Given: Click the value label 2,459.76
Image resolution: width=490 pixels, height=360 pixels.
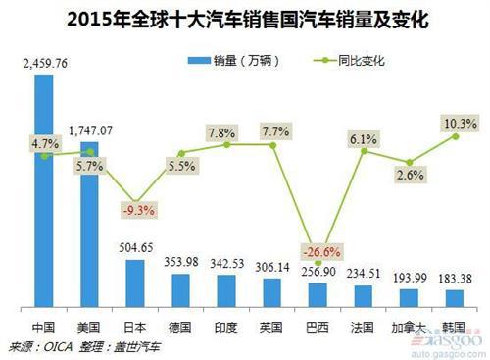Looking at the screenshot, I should (x=44, y=64).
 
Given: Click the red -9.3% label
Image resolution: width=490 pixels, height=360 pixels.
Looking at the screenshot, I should (x=136, y=209).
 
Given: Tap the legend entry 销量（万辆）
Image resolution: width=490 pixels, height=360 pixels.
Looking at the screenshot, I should (x=236, y=61).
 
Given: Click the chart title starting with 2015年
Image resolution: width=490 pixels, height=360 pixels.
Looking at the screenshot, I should (x=245, y=19).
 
